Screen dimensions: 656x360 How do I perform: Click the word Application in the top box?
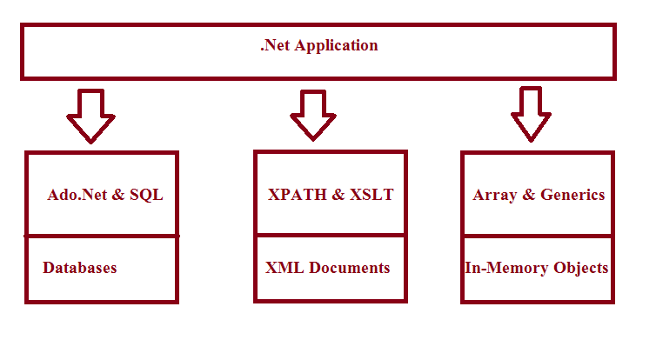336,45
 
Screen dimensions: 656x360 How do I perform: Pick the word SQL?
146,195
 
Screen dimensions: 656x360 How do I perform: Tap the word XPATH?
298,195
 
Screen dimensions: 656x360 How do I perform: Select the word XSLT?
372,195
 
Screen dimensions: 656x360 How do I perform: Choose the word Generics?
572,195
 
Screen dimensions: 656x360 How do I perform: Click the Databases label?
79,268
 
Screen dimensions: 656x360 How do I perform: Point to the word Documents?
350,268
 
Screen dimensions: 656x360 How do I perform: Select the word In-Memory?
506,268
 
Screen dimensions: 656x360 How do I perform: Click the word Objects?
580,268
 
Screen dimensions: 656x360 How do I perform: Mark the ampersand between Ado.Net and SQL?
118,195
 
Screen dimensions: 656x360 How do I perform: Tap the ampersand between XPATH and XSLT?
338,195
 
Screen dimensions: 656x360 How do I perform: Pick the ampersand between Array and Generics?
529,195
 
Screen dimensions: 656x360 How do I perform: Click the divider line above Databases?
102,237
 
